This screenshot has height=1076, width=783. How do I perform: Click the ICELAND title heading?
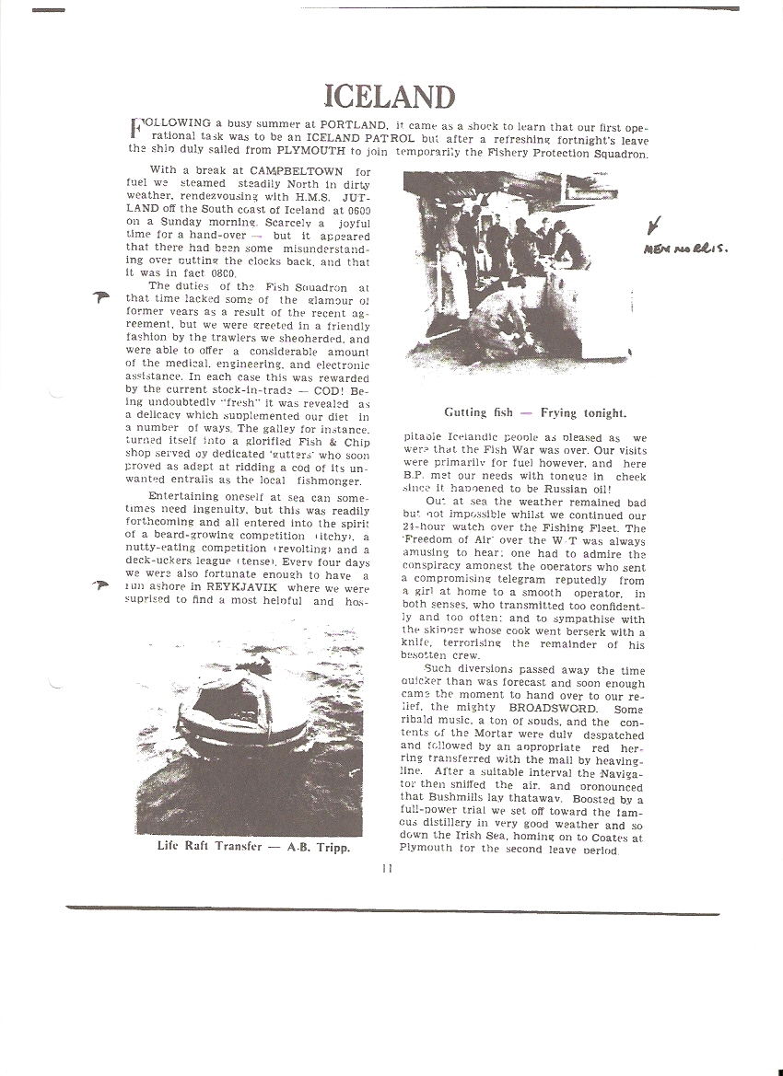point(390,97)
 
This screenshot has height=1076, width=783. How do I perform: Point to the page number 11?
point(387,866)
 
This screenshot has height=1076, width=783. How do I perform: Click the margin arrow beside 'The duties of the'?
point(101,296)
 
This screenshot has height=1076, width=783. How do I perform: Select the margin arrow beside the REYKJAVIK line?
point(101,584)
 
